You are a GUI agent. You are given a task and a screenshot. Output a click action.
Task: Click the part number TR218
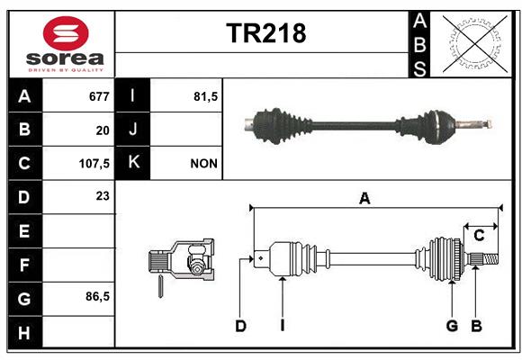tap(266, 33)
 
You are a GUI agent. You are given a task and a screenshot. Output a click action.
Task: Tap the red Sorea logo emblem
tap(66, 33)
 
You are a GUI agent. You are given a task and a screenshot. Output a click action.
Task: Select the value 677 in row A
tap(99, 96)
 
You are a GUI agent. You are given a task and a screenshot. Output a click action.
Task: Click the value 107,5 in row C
tap(94, 164)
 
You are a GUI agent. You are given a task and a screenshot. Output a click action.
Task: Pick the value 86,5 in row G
tap(97, 296)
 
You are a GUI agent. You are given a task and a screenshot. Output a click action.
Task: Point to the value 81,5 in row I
tap(205, 96)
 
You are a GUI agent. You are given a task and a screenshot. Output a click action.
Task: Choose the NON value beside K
tap(203, 164)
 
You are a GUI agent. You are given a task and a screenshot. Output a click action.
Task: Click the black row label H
tap(25, 332)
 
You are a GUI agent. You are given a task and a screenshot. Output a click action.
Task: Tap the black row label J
tap(132, 129)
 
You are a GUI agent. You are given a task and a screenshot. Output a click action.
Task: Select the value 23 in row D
tap(103, 196)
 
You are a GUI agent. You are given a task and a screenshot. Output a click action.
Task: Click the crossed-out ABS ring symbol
tap(475, 44)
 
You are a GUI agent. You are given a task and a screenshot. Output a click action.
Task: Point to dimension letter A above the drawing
tap(364, 199)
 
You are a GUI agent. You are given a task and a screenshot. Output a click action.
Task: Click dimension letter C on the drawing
tap(479, 236)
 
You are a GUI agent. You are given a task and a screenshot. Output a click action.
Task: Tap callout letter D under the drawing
tap(240, 326)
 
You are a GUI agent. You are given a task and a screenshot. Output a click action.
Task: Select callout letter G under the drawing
tap(452, 326)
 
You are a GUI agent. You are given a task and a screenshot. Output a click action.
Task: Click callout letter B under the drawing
tap(476, 326)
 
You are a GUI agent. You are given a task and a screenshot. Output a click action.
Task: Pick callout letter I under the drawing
tap(283, 326)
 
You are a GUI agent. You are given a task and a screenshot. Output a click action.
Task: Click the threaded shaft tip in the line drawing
tap(490, 259)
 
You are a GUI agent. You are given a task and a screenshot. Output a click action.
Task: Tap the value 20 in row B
tap(103, 130)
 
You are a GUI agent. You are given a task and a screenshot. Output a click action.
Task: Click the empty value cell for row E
tap(78, 230)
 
